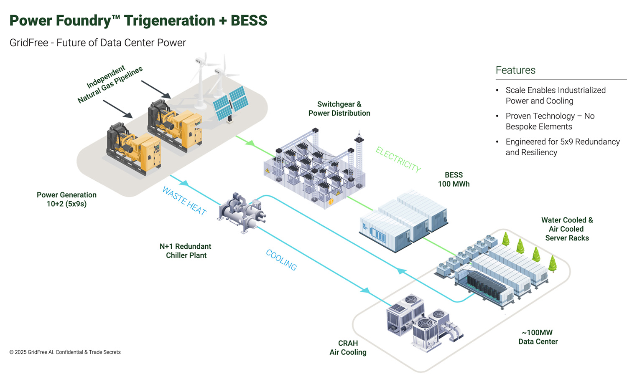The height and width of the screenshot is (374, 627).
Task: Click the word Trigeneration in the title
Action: pos(170,20)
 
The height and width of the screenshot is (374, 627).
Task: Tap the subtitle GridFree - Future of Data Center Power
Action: pos(98,43)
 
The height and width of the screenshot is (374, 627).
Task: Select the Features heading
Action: pos(515,70)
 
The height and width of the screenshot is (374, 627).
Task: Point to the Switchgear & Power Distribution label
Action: pos(339,109)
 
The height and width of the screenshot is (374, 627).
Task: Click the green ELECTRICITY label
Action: pos(398,159)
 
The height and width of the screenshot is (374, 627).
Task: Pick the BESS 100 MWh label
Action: pos(454,179)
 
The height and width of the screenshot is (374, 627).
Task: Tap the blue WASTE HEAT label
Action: pos(184,201)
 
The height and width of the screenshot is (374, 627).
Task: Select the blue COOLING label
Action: pos(281,260)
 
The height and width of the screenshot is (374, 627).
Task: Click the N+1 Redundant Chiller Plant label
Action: pos(186,251)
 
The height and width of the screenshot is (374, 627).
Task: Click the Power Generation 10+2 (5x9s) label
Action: pos(66,199)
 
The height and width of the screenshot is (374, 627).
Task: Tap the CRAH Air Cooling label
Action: pos(348,348)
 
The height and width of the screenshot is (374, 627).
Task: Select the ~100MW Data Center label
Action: pos(538,337)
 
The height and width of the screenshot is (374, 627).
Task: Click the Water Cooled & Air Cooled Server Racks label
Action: pos(567,229)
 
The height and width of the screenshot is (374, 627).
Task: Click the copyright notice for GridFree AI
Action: pos(65,352)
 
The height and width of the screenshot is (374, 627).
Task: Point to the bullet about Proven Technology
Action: pos(549,121)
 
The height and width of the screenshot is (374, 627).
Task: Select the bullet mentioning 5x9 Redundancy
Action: pos(562,147)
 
